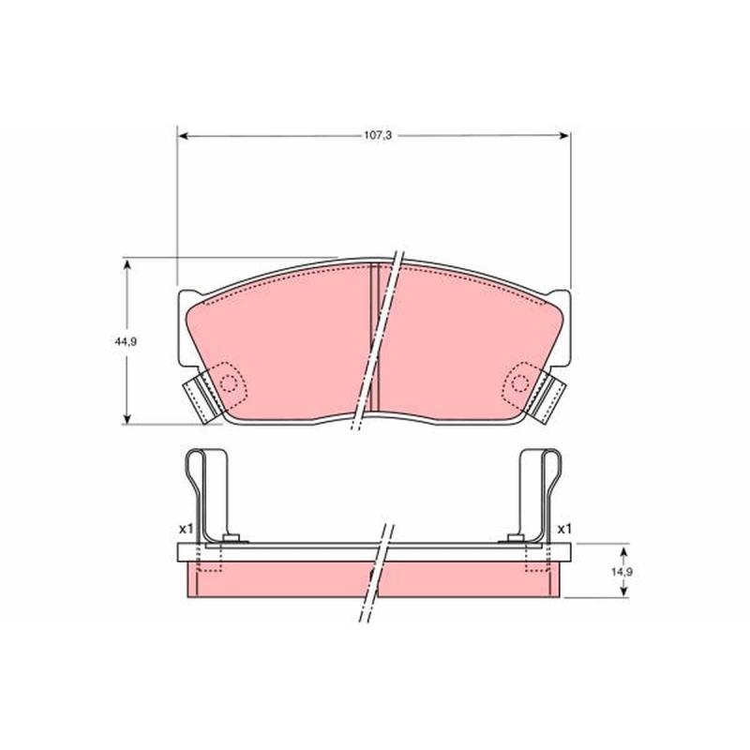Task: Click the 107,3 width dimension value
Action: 378,135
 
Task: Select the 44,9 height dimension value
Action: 126,341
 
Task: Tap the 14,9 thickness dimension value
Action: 622,572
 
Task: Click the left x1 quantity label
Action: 186,529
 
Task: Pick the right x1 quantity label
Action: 564,529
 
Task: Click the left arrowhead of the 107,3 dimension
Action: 182,136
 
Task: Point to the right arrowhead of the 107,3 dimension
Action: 564,135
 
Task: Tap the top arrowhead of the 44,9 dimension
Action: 127,264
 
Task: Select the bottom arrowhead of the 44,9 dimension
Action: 127,418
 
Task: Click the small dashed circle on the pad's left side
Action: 229,383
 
